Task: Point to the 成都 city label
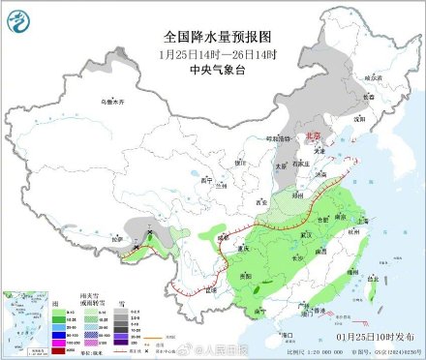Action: point(224,236)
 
